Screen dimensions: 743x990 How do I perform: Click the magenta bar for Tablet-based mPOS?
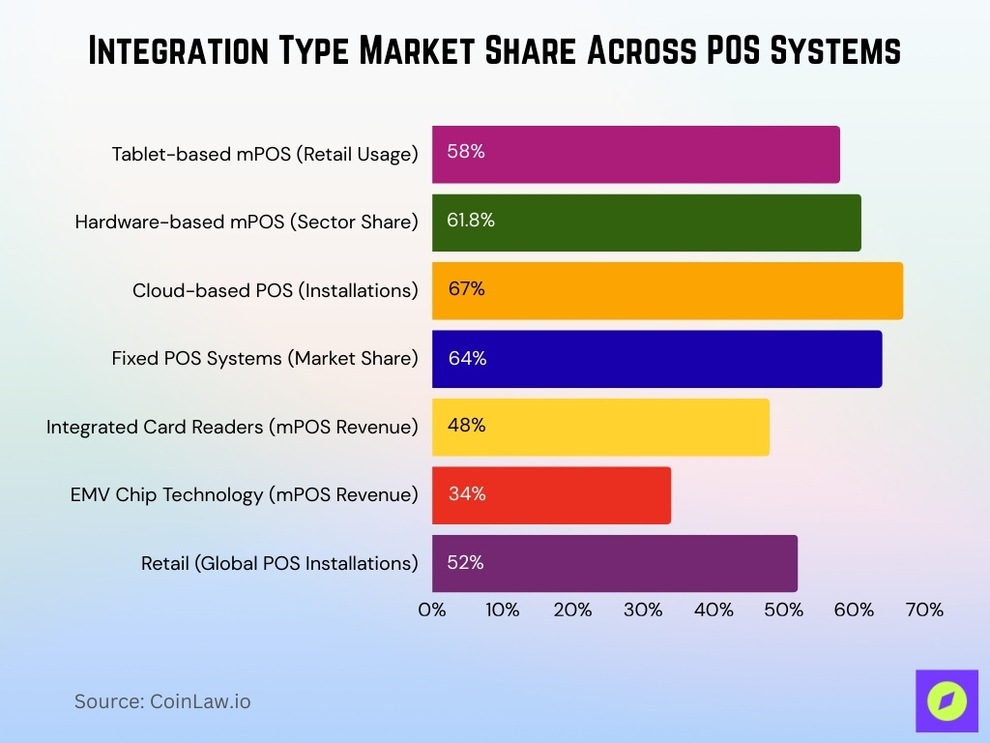[635, 154]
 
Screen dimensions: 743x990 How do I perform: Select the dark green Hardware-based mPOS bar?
[646, 223]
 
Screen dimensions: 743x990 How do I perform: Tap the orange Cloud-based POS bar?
[667, 290]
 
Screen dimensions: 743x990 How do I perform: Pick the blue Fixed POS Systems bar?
[656, 359]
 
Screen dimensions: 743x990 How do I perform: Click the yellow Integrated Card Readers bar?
[600, 427]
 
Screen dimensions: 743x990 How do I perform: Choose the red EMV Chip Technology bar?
[551, 495]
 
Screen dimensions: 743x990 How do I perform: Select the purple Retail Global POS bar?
[614, 563]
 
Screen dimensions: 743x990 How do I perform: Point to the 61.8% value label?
[471, 221]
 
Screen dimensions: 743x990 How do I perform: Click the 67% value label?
[466, 289]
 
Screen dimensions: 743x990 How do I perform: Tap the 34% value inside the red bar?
[466, 494]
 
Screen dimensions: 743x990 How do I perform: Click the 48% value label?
[466, 426]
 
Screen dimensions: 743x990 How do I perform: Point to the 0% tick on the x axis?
[432, 610]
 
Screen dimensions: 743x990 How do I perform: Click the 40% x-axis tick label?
[713, 610]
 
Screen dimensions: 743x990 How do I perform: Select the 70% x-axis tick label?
[924, 610]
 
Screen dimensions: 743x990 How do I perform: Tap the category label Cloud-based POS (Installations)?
[276, 290]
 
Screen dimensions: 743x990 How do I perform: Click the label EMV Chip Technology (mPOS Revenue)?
[244, 495]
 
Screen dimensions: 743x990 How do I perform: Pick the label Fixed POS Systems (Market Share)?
[265, 359]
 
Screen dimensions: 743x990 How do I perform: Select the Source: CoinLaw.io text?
[162, 701]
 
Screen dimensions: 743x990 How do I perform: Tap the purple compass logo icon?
[946, 700]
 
